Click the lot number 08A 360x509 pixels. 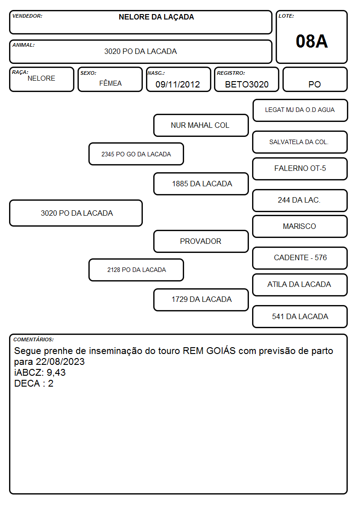click(311, 41)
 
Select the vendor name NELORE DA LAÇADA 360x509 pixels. click(156, 17)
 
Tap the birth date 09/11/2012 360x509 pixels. click(178, 84)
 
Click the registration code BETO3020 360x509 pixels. click(247, 84)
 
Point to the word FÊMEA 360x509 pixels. click(110, 83)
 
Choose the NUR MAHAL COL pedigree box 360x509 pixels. click(201, 125)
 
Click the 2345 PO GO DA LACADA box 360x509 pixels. click(136, 154)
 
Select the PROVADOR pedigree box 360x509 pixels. click(201, 242)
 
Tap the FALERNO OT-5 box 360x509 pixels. click(300, 169)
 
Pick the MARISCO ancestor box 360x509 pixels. click(300, 227)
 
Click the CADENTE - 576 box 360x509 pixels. click(300, 258)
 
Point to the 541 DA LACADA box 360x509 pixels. click(300, 316)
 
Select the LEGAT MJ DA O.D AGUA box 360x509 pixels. click(300, 111)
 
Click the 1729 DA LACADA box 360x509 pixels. click(201, 300)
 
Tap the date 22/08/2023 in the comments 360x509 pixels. click(60, 362)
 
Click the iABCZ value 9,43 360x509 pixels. click(56, 372)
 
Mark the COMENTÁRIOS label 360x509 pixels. click(34, 339)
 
